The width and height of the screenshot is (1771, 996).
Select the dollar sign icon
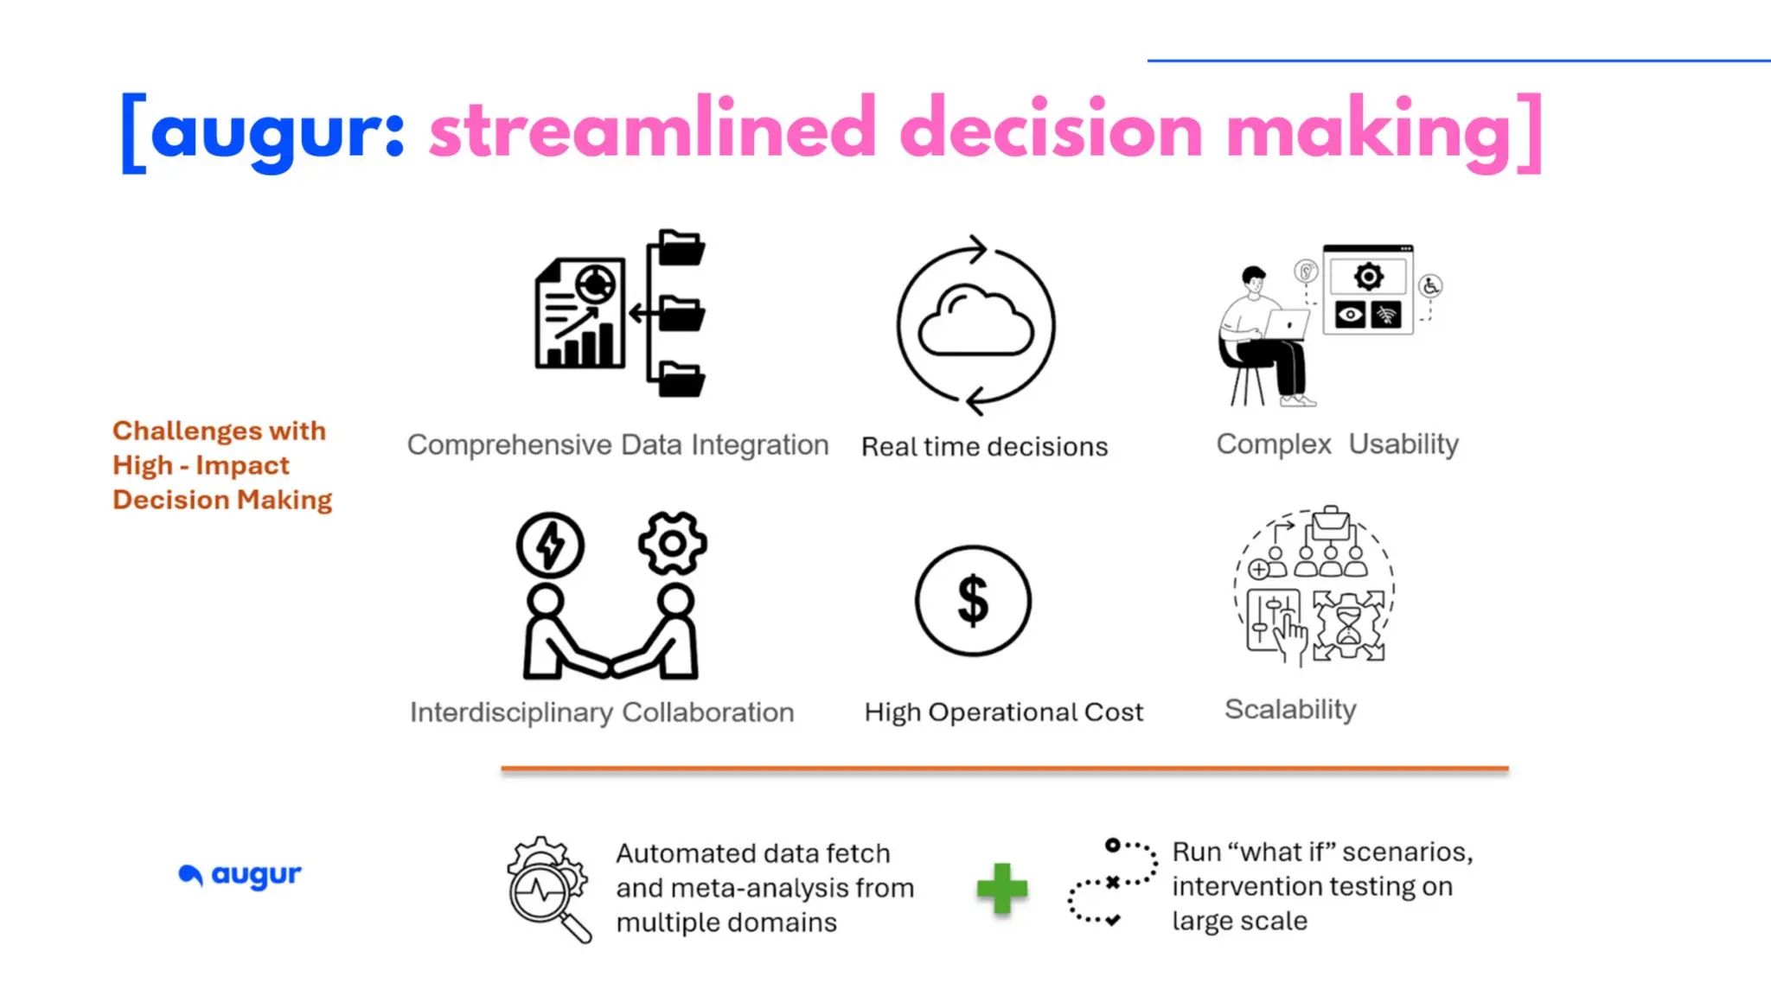point(973,600)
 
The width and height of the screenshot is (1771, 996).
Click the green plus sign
point(1001,888)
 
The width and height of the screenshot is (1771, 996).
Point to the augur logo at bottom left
point(240,875)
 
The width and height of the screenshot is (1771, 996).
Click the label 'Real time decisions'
point(984,447)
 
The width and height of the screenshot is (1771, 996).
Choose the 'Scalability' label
point(1290,709)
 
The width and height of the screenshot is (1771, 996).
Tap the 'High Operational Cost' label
point(1003,712)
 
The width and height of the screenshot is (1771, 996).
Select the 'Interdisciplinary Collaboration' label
point(602,712)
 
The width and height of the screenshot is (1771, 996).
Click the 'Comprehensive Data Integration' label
point(617,444)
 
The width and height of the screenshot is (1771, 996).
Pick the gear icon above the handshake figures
point(673,543)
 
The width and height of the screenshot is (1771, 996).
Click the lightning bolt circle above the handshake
point(550,545)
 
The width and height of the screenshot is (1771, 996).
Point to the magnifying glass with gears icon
point(548,890)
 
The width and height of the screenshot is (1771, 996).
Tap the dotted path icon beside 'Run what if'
point(1111,883)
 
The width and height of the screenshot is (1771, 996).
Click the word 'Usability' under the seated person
point(1403,444)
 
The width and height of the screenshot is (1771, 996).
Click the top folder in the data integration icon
point(681,248)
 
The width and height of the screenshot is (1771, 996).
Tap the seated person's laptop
point(1286,325)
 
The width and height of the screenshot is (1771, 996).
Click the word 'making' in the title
point(1369,130)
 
